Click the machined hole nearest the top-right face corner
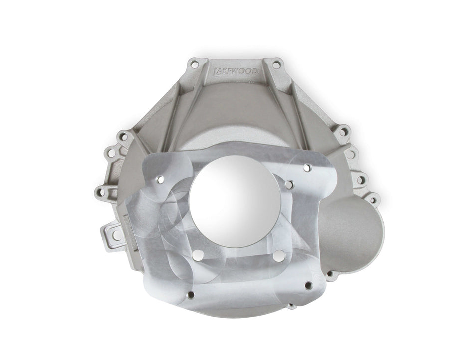pos(307,168)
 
